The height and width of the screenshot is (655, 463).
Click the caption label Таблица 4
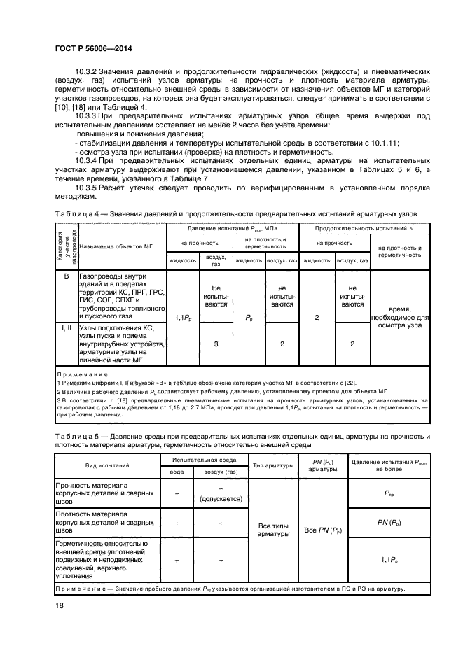pyautogui.click(x=76, y=213)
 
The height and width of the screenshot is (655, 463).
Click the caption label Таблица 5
pyautogui.click(x=76, y=436)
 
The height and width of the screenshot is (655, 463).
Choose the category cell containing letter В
pyautogui.click(x=65, y=276)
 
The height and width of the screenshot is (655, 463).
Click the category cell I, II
pyautogui.click(x=65, y=327)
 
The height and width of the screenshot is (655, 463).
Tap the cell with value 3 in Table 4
pyautogui.click(x=216, y=344)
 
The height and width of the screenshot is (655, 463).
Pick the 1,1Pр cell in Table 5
pyautogui.click(x=388, y=560)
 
